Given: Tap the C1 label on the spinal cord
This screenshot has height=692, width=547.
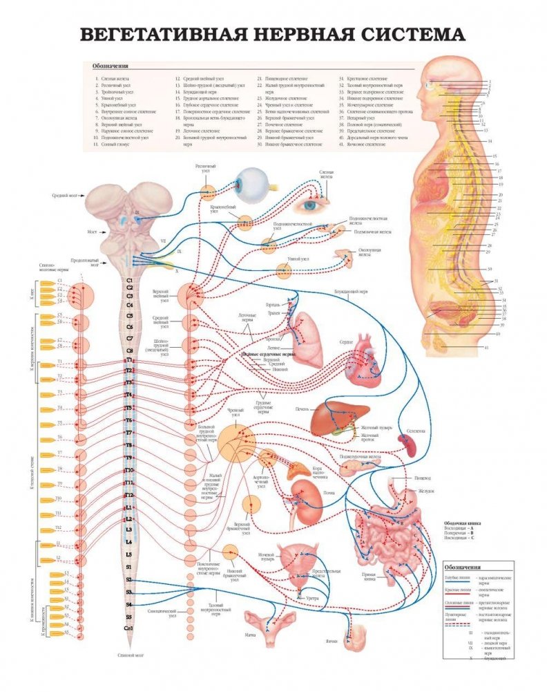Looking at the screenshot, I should point(129,281).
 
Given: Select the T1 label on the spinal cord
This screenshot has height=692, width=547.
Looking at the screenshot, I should point(129,360).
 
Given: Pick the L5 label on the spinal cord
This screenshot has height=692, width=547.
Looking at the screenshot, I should point(129,554).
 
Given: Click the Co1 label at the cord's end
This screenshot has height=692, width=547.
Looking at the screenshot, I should point(129,627).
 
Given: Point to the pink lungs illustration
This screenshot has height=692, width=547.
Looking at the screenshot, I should point(307,339).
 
